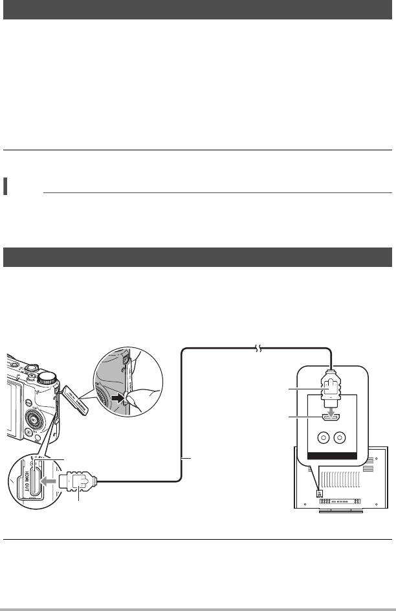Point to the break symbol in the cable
pyautogui.click(x=258, y=349)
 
